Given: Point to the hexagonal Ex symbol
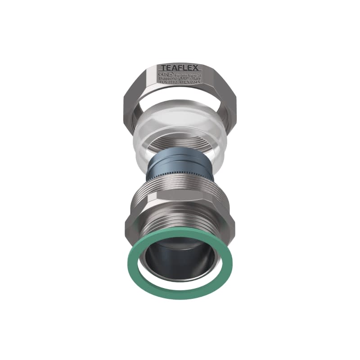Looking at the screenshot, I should pyautogui.click(x=170, y=74).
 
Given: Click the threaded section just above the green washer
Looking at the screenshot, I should pyautogui.click(x=180, y=232).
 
